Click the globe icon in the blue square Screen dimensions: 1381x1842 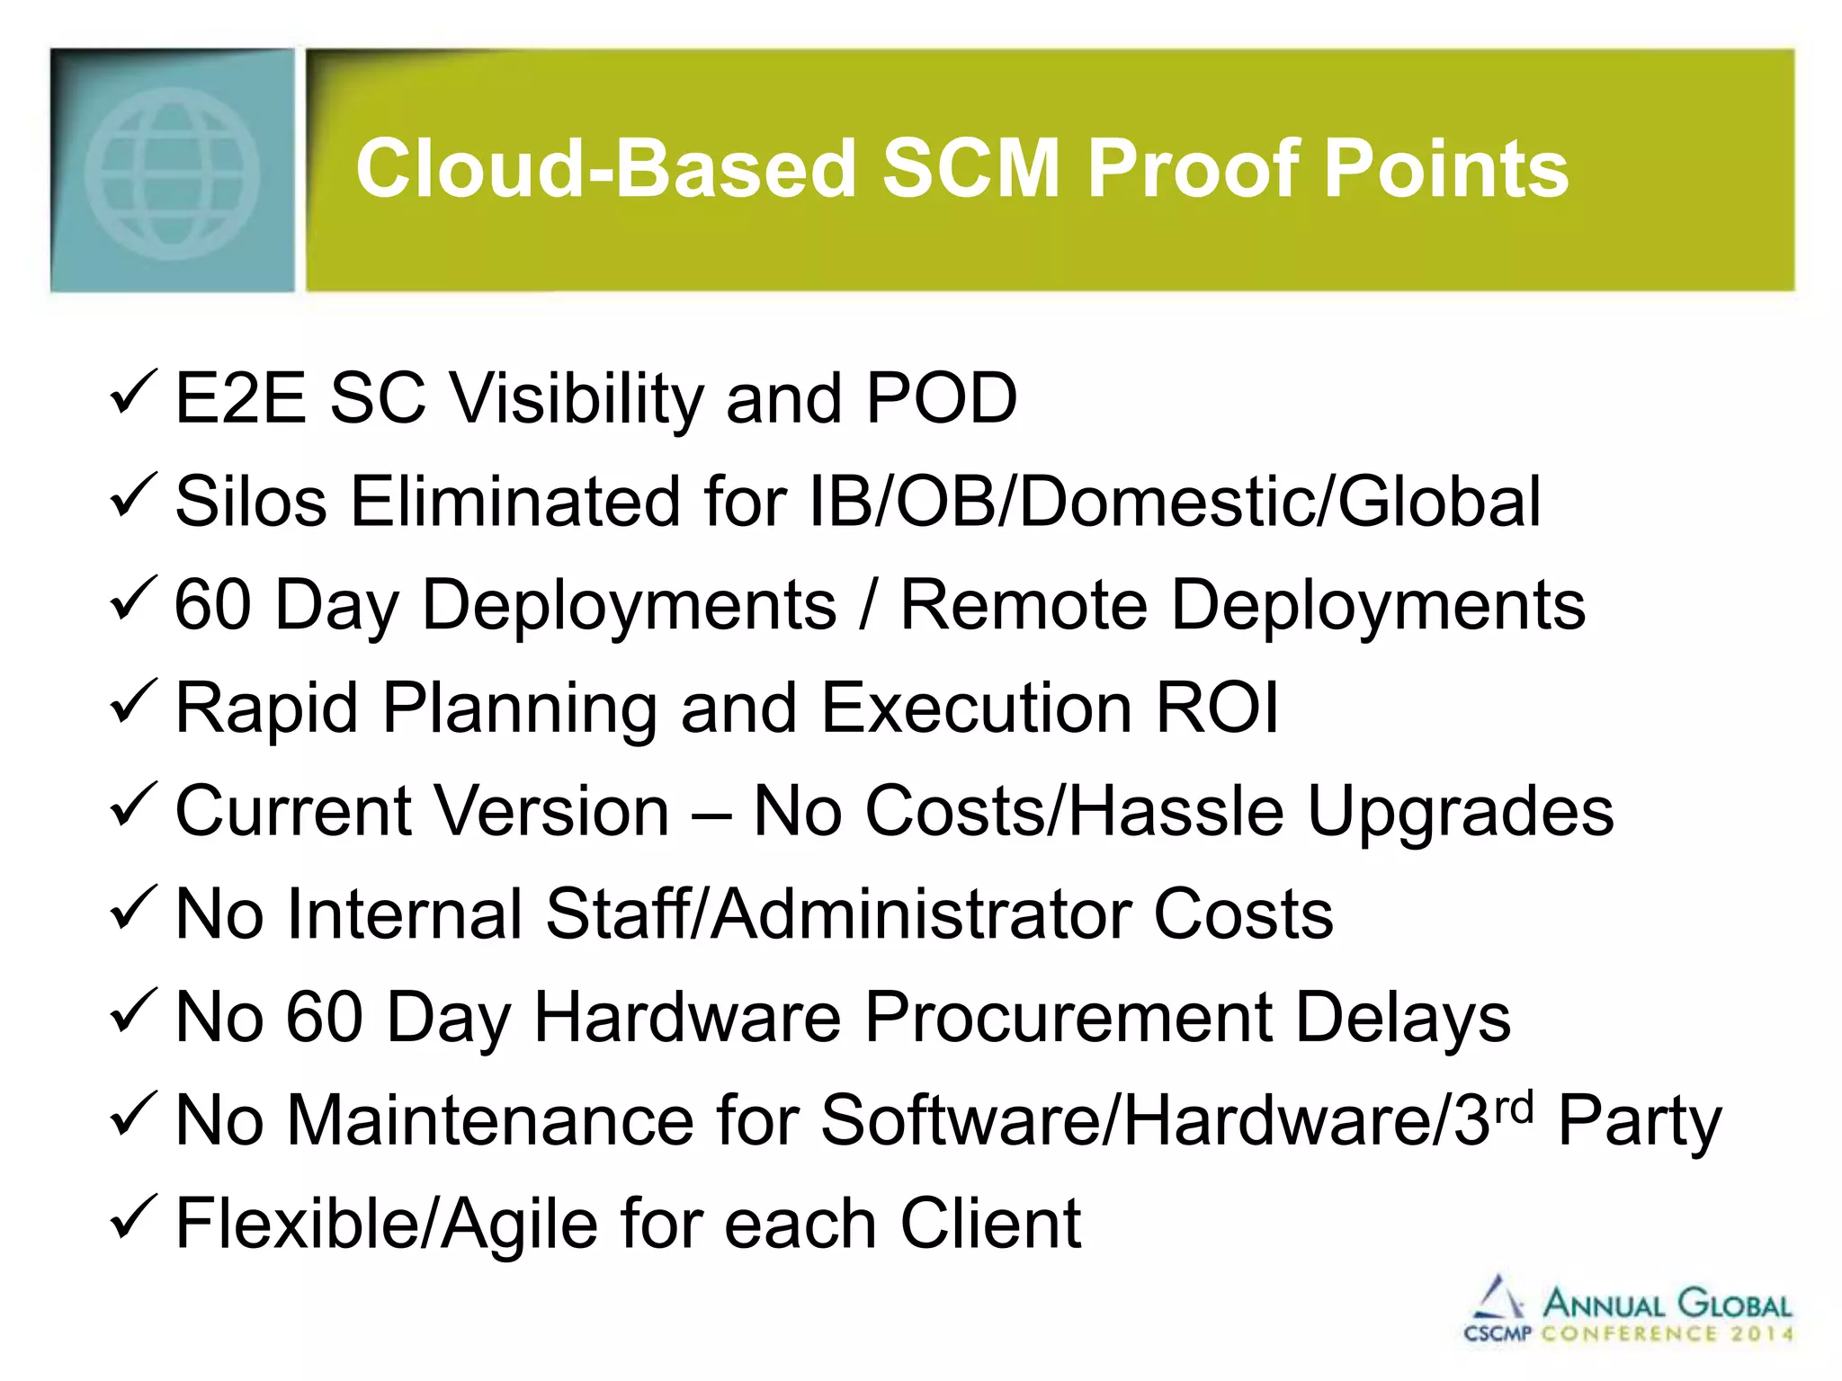172,174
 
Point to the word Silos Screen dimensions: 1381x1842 251,501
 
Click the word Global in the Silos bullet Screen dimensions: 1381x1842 1440,501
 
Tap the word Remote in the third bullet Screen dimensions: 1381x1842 1024,604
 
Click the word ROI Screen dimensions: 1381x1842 1217,708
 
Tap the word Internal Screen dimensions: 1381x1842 405,914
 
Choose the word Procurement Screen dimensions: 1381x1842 1069,1018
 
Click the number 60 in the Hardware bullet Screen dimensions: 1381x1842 324,1018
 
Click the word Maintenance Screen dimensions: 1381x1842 491,1120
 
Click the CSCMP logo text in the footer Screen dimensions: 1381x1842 1498,1333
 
